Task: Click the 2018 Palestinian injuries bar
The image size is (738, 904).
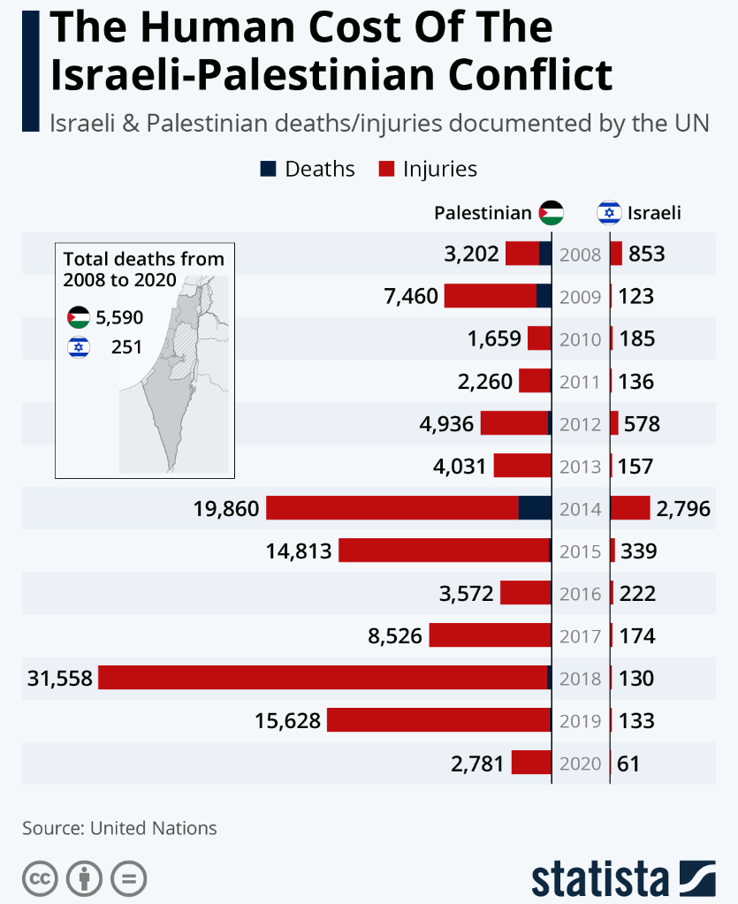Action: click(x=323, y=678)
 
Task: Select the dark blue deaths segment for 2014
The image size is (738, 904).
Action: click(x=535, y=508)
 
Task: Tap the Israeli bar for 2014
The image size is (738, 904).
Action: click(x=630, y=508)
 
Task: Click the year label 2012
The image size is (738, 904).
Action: click(x=581, y=424)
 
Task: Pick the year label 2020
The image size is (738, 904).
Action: click(x=581, y=763)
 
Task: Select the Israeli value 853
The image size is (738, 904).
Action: click(x=646, y=254)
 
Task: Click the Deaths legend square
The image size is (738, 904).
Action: click(x=269, y=169)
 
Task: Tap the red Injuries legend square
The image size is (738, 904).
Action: click(x=385, y=169)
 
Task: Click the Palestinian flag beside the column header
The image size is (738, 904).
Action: click(x=551, y=212)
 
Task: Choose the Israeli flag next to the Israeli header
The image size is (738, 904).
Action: click(x=608, y=212)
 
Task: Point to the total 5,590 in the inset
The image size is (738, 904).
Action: click(x=118, y=317)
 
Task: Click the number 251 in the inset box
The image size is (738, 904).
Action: click(x=126, y=347)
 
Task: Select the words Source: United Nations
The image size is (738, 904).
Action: click(x=119, y=828)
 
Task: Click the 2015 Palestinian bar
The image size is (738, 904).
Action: click(x=445, y=551)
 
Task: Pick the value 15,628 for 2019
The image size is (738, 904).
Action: click(x=287, y=720)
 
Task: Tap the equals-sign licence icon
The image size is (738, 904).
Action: click(x=128, y=878)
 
